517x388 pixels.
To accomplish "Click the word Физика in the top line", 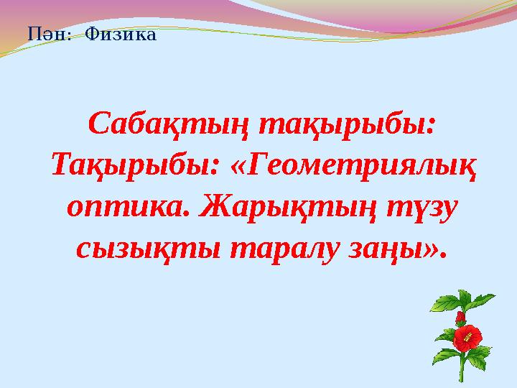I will click(x=120, y=33).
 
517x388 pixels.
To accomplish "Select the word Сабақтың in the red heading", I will click(x=168, y=126).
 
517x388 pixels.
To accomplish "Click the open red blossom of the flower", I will click(x=467, y=336).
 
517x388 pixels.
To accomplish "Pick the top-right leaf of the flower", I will click(x=483, y=298).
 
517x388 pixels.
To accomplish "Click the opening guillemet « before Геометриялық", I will click(x=238, y=167).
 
